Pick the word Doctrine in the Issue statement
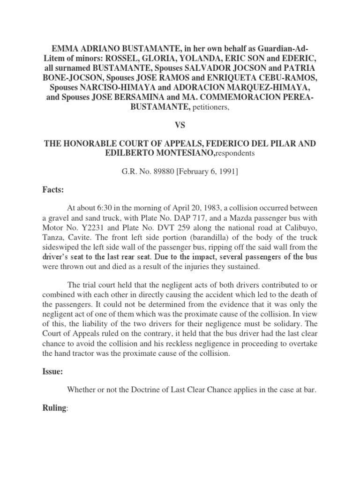(150, 389)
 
